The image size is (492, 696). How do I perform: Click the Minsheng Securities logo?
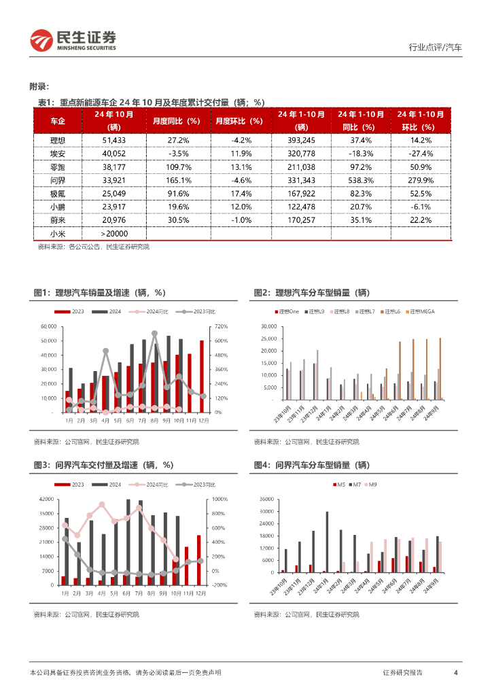(73, 41)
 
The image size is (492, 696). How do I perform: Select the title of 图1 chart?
(99, 292)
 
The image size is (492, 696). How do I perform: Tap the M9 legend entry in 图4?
(372, 484)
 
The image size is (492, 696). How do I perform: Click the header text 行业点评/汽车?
(435, 48)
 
